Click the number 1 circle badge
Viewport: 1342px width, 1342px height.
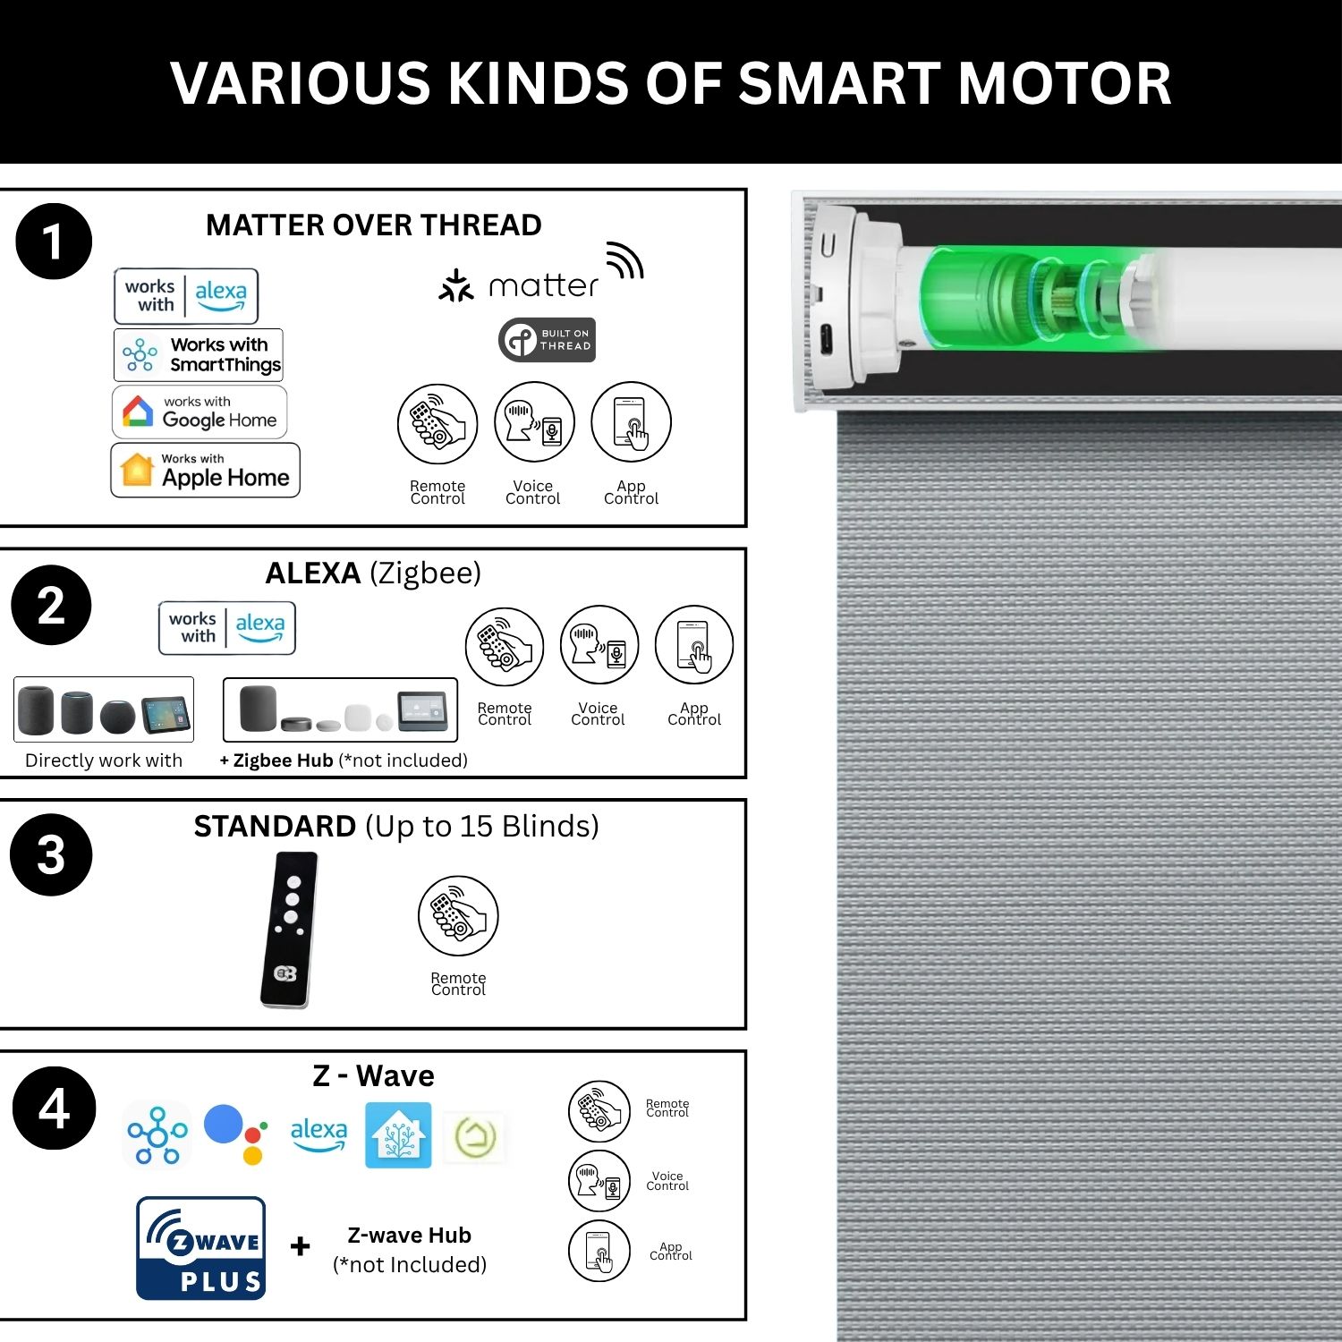pyautogui.click(x=54, y=242)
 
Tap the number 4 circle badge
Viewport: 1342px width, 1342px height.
pyautogui.click(x=54, y=1108)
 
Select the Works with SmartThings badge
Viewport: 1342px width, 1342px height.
pyautogui.click(x=199, y=355)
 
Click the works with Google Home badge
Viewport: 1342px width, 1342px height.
pyautogui.click(x=200, y=412)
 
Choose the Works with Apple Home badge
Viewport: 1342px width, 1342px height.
pyautogui.click(x=205, y=470)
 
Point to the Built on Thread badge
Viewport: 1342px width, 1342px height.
pyautogui.click(x=547, y=340)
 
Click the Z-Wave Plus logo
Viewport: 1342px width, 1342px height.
pyautogui.click(x=201, y=1248)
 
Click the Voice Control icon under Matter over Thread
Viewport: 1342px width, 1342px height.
pyautogui.click(x=534, y=422)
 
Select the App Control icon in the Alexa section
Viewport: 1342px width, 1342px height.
pyautogui.click(x=694, y=646)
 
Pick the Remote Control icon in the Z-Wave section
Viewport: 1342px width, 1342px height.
pyautogui.click(x=599, y=1111)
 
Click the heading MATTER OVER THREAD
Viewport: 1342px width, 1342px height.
pyautogui.click(x=374, y=225)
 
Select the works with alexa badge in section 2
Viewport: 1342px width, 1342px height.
pyautogui.click(x=227, y=628)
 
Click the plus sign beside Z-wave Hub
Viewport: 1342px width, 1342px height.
pyautogui.click(x=301, y=1246)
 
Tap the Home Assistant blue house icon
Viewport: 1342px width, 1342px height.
pyautogui.click(x=398, y=1135)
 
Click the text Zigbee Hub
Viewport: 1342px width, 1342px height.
pyautogui.click(x=283, y=760)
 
